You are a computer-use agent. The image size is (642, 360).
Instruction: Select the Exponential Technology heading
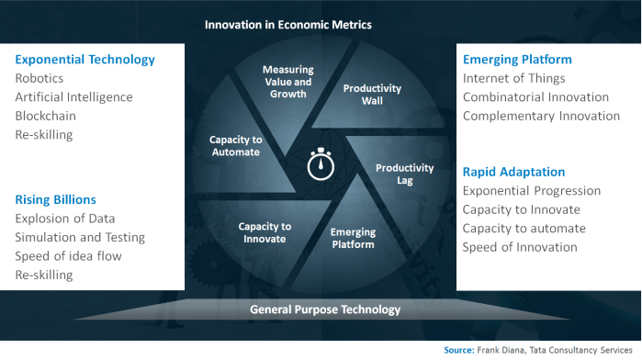[84, 60]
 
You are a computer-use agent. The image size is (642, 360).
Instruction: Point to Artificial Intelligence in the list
[73, 97]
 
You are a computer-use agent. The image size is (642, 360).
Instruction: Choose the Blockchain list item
[45, 117]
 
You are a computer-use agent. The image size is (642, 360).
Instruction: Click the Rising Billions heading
[55, 199]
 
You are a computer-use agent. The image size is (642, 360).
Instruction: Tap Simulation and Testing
[80, 237]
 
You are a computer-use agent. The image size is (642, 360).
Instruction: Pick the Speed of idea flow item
[67, 256]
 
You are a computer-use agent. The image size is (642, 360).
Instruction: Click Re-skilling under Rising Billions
[43, 275]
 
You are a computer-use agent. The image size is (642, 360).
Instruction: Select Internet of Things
[513, 78]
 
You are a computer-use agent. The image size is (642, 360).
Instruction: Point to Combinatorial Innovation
[535, 97]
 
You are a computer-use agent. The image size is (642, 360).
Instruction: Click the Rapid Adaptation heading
[512, 172]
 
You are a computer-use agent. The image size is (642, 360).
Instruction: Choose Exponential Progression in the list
[531, 191]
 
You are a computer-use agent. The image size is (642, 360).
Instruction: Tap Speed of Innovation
[519, 247]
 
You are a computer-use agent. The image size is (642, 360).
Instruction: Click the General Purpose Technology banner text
[325, 309]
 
